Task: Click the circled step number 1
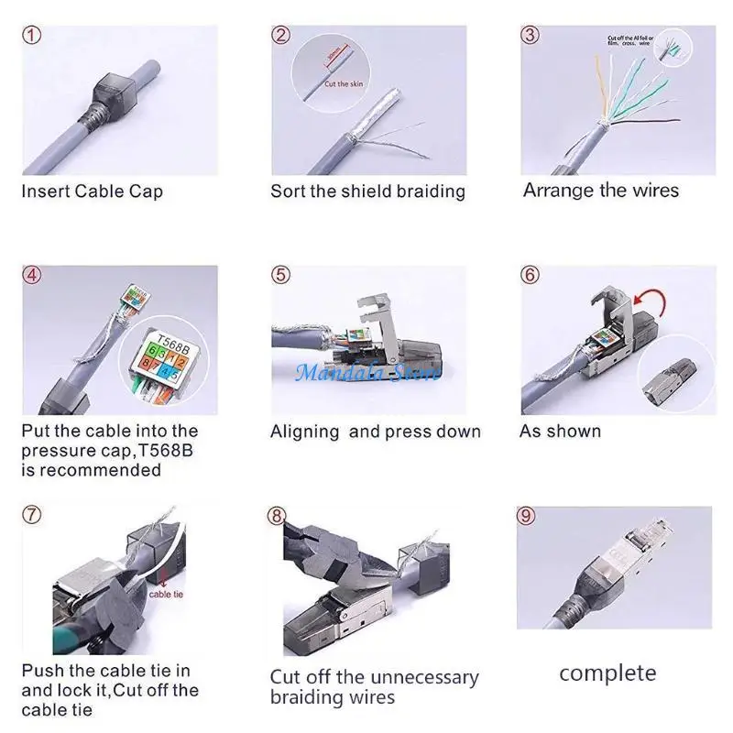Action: coord(33,36)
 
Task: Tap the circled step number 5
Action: coord(281,275)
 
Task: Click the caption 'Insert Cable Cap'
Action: coord(92,192)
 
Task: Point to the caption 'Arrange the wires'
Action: coord(601,191)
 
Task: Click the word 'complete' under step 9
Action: coord(607,673)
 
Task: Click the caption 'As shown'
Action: coord(560,431)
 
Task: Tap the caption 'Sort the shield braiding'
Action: coord(367,191)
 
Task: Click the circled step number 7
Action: coord(32,514)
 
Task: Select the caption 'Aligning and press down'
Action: coord(375,432)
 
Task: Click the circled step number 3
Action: coord(530,36)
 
